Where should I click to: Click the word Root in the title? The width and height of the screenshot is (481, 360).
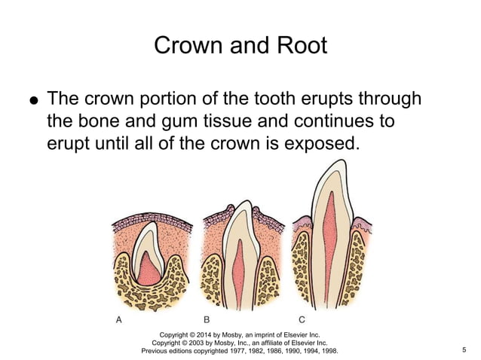click(299, 45)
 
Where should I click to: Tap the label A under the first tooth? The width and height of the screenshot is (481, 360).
click(118, 319)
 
